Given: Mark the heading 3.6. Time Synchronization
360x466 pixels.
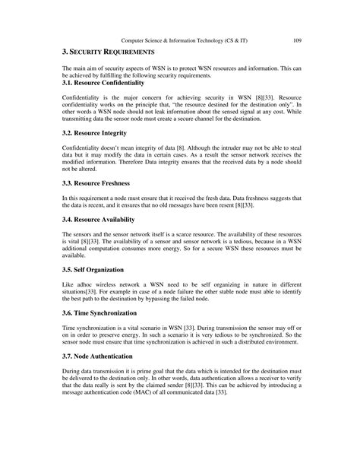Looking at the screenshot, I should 105,312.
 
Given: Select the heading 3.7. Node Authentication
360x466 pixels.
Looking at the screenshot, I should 104,356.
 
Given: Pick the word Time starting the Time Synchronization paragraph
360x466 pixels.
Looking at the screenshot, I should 69,327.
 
